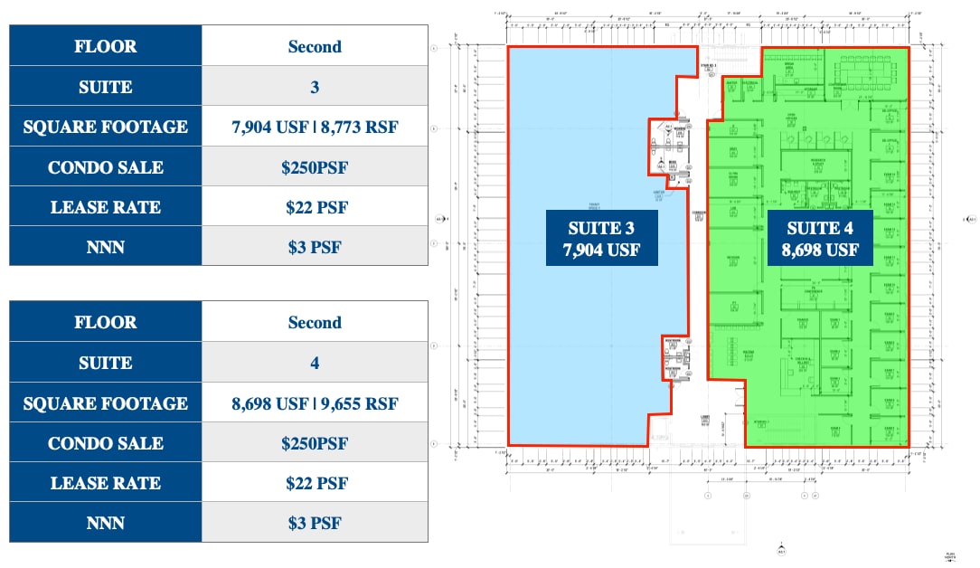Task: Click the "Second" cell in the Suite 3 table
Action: tap(315, 46)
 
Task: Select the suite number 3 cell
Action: tap(315, 87)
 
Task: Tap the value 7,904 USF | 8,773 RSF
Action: tap(315, 128)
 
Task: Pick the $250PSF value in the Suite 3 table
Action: tap(315, 167)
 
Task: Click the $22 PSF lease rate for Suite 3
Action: tap(315, 207)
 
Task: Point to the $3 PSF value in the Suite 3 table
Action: tap(315, 247)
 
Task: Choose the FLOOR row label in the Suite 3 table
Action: tap(106, 46)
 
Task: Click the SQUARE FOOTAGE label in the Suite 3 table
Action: tap(106, 128)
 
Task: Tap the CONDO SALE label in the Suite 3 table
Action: tap(106, 167)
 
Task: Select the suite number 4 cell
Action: tap(315, 363)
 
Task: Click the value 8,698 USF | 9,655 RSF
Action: tap(315, 403)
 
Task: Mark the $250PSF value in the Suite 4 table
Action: tap(315, 443)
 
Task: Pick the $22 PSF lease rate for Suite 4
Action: tap(315, 483)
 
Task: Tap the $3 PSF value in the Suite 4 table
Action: tap(315, 523)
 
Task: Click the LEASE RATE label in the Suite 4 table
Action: tap(106, 483)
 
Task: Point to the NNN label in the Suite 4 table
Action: tap(106, 523)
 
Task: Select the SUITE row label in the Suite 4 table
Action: tap(106, 363)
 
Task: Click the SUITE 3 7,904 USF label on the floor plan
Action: tap(601, 238)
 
